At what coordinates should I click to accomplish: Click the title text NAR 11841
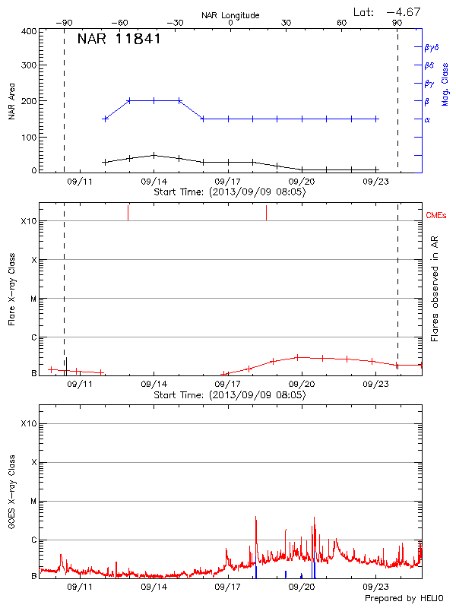tap(119, 40)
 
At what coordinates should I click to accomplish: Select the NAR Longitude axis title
tap(230, 15)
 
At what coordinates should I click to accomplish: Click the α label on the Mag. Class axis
tap(426, 119)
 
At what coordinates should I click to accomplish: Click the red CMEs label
tap(437, 215)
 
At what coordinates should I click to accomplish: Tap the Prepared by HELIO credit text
tap(403, 599)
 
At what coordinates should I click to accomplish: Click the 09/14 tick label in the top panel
tap(154, 182)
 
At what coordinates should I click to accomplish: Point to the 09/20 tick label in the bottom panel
tap(302, 587)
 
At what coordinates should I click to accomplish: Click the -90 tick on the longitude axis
tap(66, 23)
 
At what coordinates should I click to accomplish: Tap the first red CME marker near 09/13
tap(128, 212)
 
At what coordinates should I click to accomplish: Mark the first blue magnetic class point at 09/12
tap(105, 119)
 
